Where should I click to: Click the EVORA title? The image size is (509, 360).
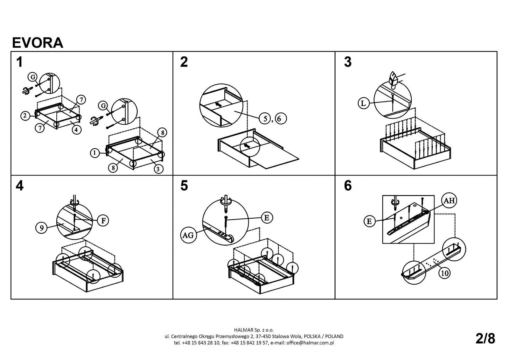38,43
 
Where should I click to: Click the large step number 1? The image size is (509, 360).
19,62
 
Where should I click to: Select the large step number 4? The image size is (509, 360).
19,186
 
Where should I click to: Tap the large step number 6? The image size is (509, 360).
348,186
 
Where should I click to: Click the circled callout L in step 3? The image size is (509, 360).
364,103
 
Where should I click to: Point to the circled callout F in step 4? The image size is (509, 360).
103,221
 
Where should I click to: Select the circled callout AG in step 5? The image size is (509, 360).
188,235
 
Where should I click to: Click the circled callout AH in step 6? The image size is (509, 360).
449,200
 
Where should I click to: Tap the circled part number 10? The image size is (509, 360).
444,273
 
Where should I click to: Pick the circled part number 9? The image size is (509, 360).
42,228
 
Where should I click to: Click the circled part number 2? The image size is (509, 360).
25,116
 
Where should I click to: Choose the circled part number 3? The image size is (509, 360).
158,169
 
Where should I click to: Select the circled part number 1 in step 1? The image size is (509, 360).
95,153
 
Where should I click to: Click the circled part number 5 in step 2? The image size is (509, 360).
265,118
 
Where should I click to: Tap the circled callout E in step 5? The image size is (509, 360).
267,218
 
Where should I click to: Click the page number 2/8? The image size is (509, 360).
485,339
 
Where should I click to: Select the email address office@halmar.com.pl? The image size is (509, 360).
310,343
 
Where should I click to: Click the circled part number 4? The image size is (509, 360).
76,130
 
